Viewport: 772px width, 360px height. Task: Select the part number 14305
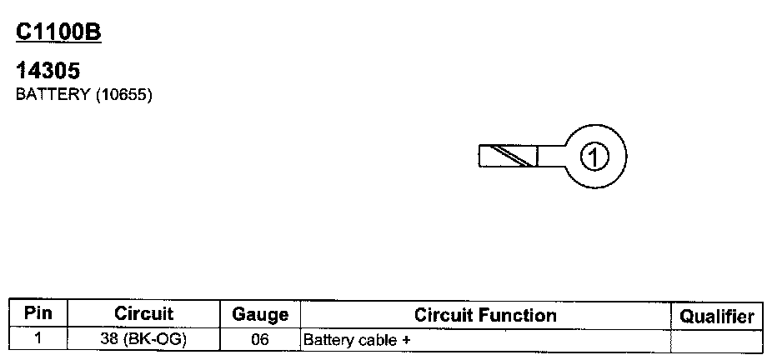(48, 72)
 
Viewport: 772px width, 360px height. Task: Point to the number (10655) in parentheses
(123, 94)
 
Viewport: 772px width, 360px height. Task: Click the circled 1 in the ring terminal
(594, 155)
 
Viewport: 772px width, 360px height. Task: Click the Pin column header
(38, 314)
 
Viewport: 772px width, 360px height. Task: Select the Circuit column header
(143, 314)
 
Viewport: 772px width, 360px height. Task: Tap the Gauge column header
(259, 315)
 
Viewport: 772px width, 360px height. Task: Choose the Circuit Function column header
(485, 315)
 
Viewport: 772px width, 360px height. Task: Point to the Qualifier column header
(716, 316)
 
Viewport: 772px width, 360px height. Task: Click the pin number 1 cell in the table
(38, 339)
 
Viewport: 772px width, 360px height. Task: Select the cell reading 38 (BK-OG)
(143, 339)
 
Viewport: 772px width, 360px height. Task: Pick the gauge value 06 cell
(259, 339)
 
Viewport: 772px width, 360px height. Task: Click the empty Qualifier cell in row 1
(716, 339)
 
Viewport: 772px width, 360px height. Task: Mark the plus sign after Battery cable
(407, 340)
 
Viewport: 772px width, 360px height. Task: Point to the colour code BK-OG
(155, 339)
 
